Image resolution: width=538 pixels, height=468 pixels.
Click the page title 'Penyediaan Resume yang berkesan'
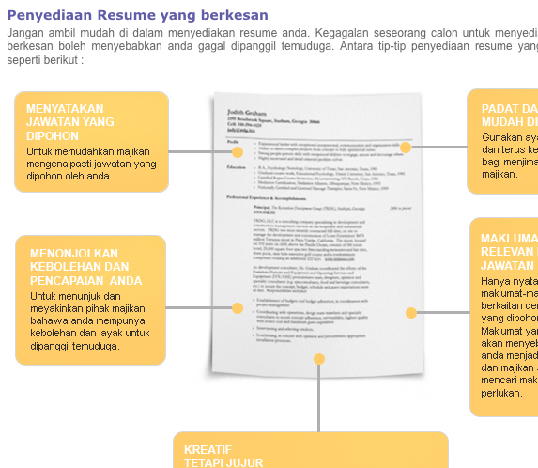point(136,15)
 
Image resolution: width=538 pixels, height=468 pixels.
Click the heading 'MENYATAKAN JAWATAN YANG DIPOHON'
point(70,122)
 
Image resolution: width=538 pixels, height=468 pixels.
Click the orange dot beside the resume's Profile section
point(238,151)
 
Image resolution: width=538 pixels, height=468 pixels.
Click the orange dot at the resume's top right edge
point(406,148)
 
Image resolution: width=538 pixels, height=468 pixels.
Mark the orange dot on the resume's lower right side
point(410,312)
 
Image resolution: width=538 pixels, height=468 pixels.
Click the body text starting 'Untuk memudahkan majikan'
point(91,163)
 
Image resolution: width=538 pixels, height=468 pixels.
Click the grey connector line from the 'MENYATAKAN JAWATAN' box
point(201,151)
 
